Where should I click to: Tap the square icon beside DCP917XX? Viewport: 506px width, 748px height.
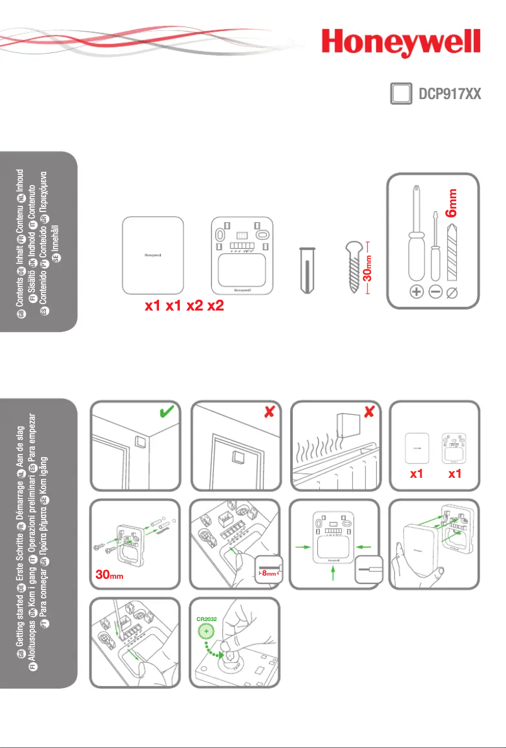[x=397, y=94]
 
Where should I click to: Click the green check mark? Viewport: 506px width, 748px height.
[x=167, y=413]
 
